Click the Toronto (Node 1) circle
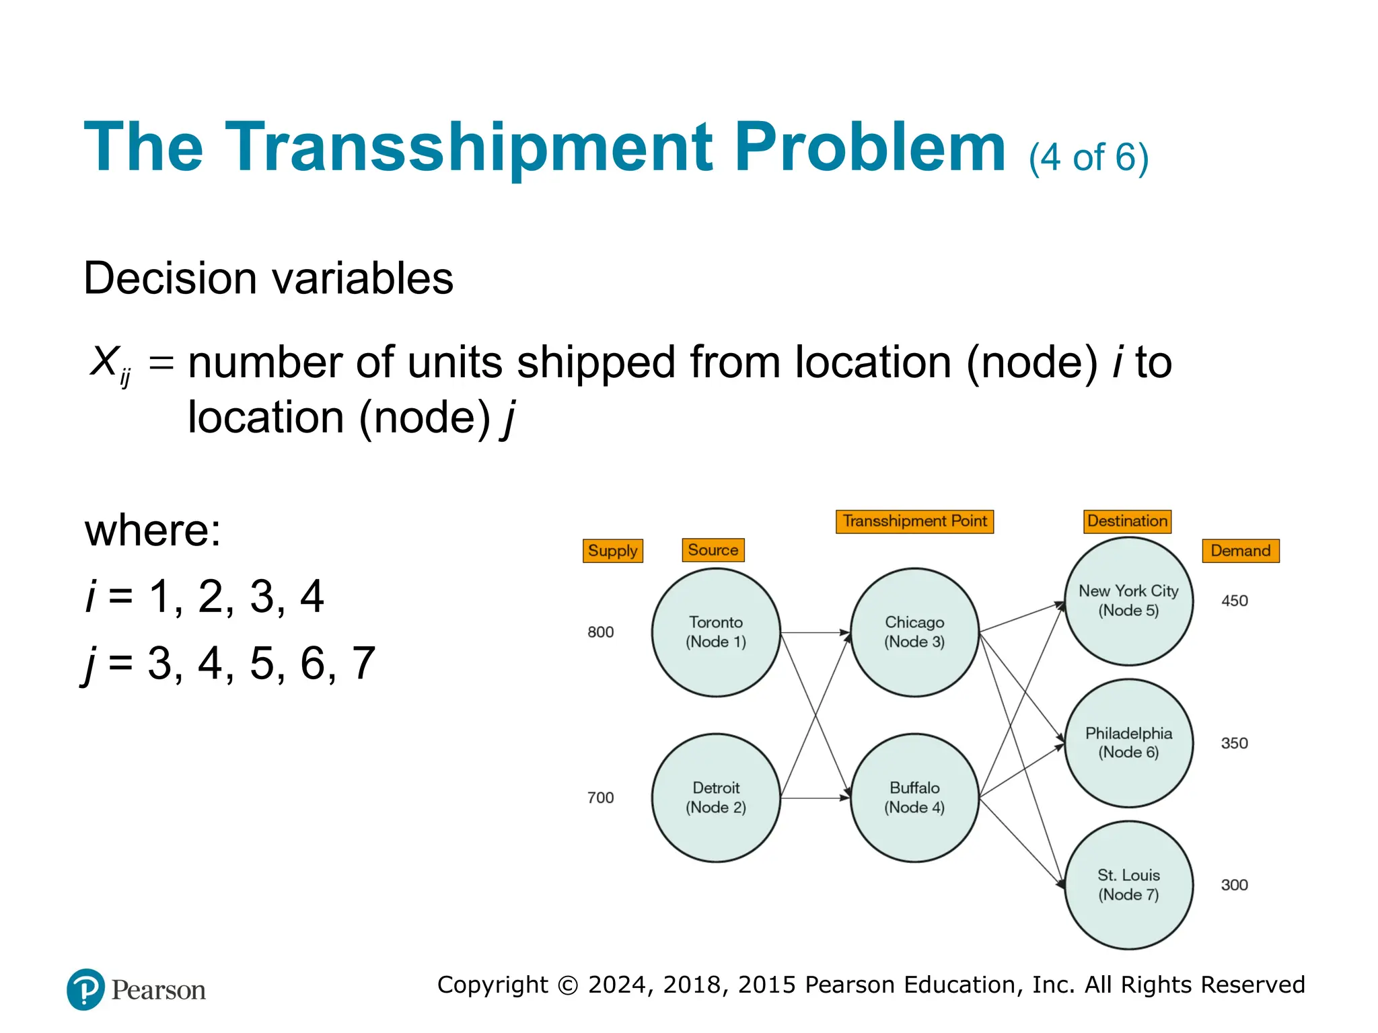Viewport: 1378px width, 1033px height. (x=716, y=632)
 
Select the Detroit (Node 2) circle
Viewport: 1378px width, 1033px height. (x=716, y=798)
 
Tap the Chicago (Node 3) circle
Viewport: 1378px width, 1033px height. (x=914, y=632)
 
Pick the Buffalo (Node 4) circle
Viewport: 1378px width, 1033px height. (x=914, y=798)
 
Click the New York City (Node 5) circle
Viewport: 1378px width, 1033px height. (x=1128, y=601)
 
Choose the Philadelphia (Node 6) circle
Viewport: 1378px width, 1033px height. (x=1128, y=743)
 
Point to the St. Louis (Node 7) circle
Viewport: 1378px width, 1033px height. (x=1128, y=885)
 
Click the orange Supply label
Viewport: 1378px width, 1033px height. (x=612, y=551)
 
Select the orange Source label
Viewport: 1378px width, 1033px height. (x=713, y=550)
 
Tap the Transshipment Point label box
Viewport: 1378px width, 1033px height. (x=914, y=521)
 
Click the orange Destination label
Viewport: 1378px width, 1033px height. (x=1127, y=521)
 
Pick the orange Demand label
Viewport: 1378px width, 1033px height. (x=1240, y=551)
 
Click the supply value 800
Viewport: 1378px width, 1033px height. (x=600, y=632)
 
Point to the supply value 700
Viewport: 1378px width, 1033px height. (x=600, y=798)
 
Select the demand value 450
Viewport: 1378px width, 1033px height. (x=1234, y=601)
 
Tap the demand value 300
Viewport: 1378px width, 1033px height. (x=1234, y=885)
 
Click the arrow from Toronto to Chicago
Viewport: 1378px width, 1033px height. (x=815, y=632)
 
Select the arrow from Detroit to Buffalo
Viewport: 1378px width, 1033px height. (x=815, y=798)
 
